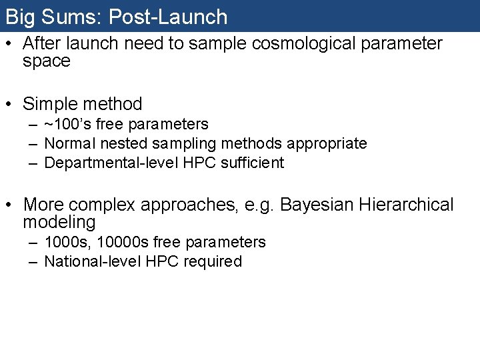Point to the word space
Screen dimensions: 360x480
pyautogui.click(x=46, y=62)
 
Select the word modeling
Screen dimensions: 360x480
pyautogui.click(x=59, y=222)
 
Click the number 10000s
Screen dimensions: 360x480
pyautogui.click(x=117, y=242)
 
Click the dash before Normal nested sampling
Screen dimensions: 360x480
pyautogui.click(x=33, y=144)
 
